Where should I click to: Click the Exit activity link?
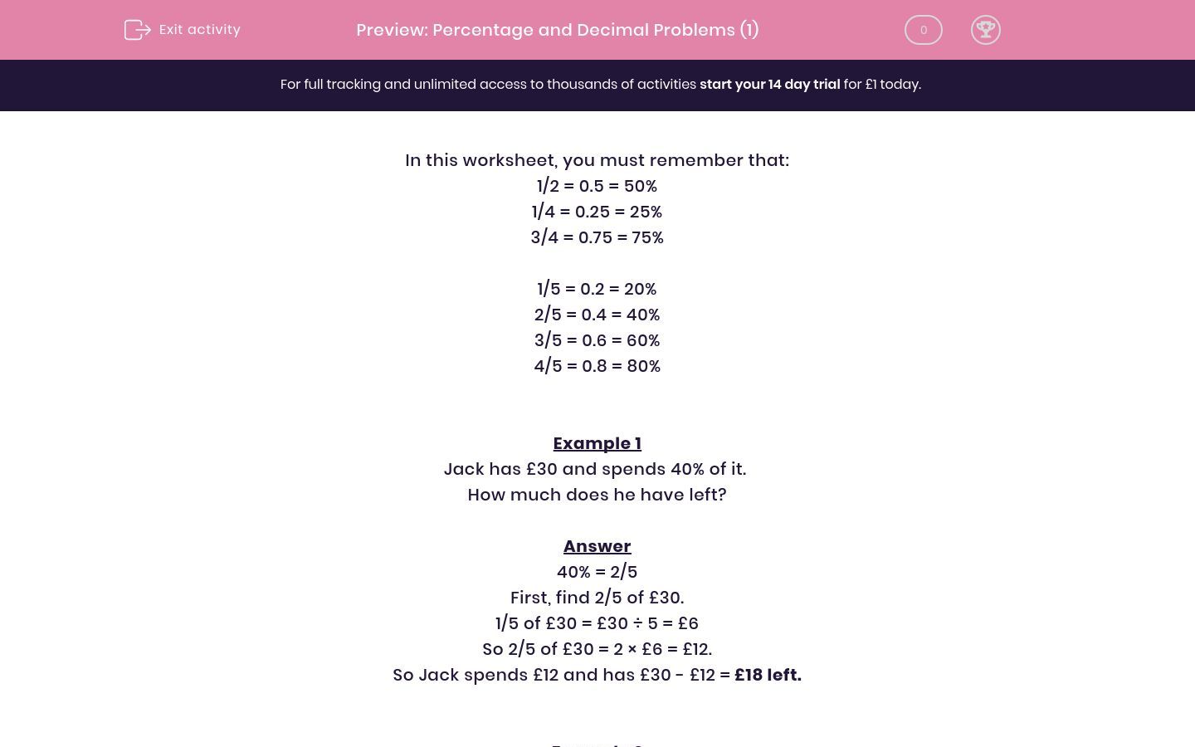click(x=199, y=30)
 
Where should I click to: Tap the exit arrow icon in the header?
click(x=137, y=30)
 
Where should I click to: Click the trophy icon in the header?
click(x=985, y=30)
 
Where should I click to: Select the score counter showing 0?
click(x=923, y=30)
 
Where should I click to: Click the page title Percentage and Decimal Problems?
click(x=557, y=30)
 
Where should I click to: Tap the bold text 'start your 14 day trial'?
click(x=769, y=85)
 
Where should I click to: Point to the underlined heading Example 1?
click(x=597, y=443)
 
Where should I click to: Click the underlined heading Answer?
click(x=597, y=546)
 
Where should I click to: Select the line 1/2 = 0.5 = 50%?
click(x=597, y=186)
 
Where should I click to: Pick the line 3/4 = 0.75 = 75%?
click(x=597, y=237)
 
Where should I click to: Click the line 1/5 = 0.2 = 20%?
click(x=597, y=289)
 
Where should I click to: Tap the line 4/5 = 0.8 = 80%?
click(x=597, y=366)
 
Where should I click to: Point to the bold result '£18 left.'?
click(x=768, y=675)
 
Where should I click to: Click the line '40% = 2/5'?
click(x=597, y=572)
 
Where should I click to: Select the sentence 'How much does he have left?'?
click(x=597, y=495)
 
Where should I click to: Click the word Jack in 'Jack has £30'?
click(x=464, y=469)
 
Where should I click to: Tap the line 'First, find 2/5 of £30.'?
click(x=597, y=598)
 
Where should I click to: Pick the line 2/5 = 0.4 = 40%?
click(x=597, y=315)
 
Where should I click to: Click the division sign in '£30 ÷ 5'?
click(x=637, y=623)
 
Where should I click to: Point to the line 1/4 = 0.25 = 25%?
click(x=597, y=212)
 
